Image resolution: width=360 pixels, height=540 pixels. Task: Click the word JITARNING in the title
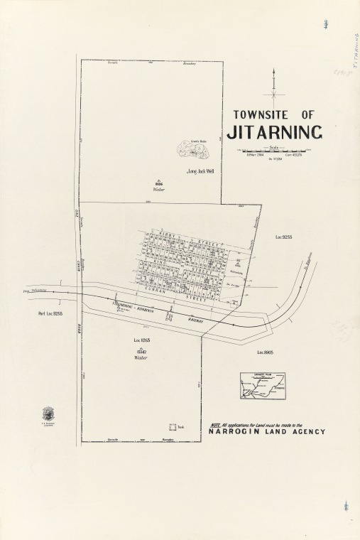point(274,132)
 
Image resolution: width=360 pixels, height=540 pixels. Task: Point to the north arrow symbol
point(274,88)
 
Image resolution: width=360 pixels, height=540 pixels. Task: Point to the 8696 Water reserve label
point(159,185)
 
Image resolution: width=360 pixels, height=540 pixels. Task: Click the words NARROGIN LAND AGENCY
point(267,431)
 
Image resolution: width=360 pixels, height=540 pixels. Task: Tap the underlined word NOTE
point(216,424)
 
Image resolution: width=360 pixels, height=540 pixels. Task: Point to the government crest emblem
point(49,414)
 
